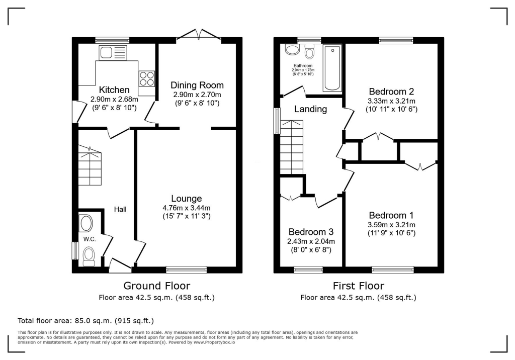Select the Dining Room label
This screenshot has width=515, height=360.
[197, 85]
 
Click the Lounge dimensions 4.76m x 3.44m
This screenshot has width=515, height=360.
[186, 208]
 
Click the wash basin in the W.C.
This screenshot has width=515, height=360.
[86, 223]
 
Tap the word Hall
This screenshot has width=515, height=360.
[120, 209]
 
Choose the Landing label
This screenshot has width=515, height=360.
[310, 109]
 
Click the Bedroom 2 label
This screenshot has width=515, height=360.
[391, 92]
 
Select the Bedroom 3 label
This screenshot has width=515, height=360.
[311, 232]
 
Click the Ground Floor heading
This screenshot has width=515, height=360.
[157, 286]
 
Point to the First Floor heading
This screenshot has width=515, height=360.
[358, 286]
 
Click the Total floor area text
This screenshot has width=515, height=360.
[85, 320]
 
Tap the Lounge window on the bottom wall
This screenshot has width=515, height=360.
[186, 269]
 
